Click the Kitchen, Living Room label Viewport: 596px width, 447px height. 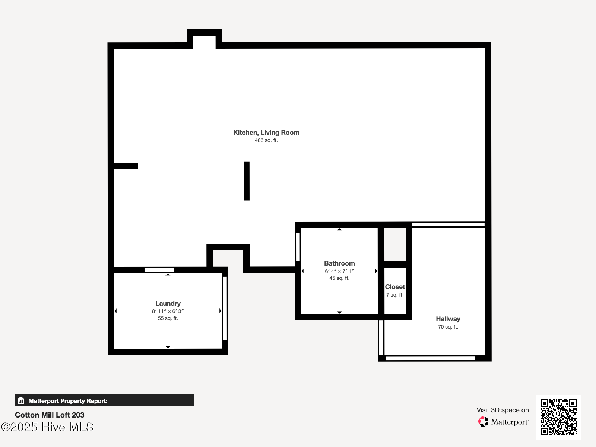coord(266,133)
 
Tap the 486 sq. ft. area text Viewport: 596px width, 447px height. coord(266,140)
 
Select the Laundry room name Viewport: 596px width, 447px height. coord(168,304)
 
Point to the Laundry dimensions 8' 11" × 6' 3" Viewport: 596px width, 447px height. coord(168,311)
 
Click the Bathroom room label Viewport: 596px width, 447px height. coord(339,263)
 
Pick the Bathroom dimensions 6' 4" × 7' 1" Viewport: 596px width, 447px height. coord(339,271)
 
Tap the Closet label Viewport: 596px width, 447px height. coord(395,286)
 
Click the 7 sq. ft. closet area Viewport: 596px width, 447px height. coord(395,295)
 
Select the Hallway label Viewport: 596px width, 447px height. coord(448,319)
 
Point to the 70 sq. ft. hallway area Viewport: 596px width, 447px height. coord(448,327)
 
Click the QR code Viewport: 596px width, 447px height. coord(558,417)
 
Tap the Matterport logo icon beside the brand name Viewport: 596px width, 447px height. coord(483,422)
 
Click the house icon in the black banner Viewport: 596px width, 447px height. coord(21,400)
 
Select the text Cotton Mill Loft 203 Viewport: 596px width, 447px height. coord(50,415)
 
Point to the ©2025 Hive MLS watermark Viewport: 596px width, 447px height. coord(48,427)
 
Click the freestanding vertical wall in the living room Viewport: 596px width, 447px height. coord(247,181)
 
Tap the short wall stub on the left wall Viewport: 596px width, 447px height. coord(126,166)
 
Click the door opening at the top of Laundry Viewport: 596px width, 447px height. coord(159,270)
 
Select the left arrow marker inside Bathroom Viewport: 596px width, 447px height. coord(302,271)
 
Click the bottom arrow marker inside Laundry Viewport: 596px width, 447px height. coord(168,347)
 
